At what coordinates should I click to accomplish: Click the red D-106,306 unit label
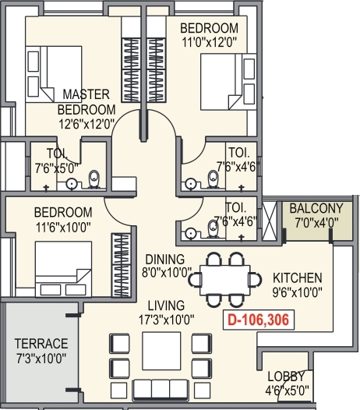click(259, 320)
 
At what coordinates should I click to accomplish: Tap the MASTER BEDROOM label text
click(86, 102)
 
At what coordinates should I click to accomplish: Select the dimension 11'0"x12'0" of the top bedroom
click(209, 42)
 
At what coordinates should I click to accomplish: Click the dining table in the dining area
click(225, 280)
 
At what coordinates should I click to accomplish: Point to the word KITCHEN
click(297, 278)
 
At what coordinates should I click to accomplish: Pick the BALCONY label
click(316, 208)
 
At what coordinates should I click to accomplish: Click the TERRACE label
click(41, 344)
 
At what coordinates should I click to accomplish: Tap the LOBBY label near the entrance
click(286, 376)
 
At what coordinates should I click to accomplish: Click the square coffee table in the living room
click(161, 351)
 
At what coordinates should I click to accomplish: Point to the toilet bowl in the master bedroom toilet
click(94, 179)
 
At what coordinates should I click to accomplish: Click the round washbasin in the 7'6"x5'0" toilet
click(71, 184)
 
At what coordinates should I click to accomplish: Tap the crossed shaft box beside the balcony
click(270, 221)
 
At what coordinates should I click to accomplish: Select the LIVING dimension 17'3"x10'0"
click(166, 320)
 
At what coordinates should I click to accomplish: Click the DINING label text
click(165, 260)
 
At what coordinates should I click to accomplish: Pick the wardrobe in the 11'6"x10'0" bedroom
click(121, 265)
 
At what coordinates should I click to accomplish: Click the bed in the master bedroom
click(54, 74)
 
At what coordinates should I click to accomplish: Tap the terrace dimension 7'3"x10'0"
click(41, 359)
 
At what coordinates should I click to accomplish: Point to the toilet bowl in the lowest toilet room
click(212, 229)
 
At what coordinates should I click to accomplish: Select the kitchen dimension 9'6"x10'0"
click(297, 292)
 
